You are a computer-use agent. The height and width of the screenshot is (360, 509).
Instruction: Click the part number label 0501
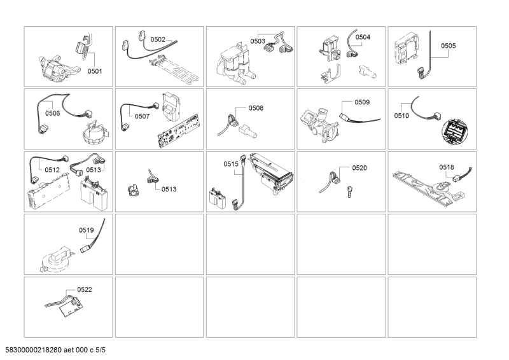[95, 71]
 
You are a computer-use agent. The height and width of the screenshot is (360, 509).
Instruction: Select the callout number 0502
[158, 39]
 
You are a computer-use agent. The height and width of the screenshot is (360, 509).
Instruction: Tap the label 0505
[449, 46]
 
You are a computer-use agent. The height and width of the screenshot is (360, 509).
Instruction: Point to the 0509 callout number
[362, 102]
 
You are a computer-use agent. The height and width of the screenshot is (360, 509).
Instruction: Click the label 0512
[52, 170]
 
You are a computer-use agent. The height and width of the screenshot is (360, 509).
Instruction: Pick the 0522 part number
[85, 289]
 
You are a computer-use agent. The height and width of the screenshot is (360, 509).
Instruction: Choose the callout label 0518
[447, 167]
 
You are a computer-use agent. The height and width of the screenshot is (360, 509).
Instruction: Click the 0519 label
[87, 230]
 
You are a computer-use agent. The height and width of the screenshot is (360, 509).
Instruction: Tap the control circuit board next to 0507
[179, 130]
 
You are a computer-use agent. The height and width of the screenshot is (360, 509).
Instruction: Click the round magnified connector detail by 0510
[455, 131]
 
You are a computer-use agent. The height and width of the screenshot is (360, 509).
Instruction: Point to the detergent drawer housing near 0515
[272, 174]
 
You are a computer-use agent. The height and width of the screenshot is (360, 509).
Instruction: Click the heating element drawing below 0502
[174, 70]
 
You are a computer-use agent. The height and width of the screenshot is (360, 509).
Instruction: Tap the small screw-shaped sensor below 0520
[349, 192]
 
